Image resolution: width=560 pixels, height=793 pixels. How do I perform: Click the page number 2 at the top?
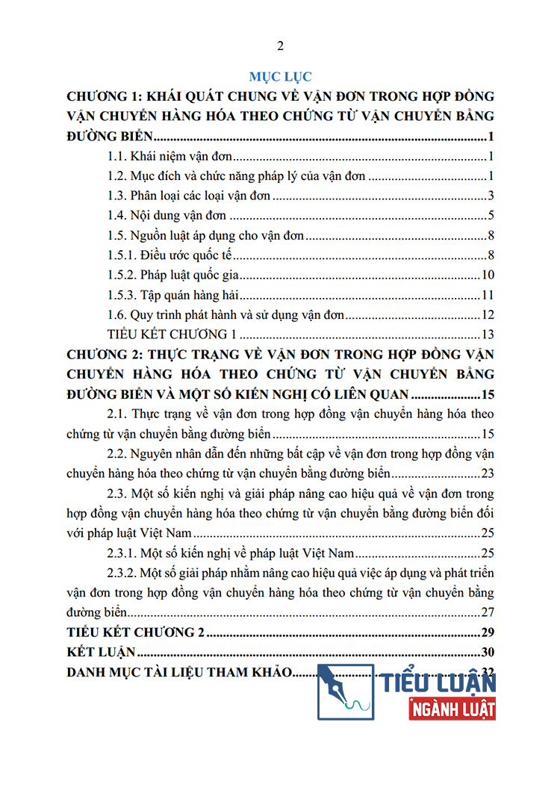280,46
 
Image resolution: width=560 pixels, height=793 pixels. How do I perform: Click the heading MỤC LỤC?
280,76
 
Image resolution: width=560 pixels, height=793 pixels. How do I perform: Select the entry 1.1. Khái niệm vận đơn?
171,157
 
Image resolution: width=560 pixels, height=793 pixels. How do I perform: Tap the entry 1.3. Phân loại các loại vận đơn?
189,196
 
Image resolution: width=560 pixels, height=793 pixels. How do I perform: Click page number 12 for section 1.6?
489,314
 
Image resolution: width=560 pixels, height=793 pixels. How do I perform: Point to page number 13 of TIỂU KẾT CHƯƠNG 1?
489,334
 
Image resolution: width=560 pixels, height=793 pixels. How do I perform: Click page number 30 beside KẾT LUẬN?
489,652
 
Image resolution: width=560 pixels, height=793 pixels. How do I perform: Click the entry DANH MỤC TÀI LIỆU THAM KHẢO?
178,671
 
